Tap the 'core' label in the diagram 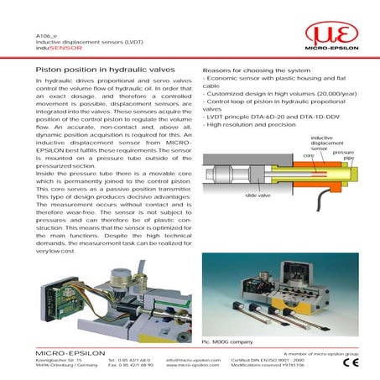point(284,155)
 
